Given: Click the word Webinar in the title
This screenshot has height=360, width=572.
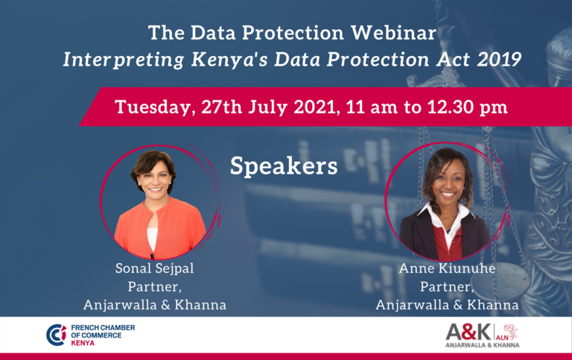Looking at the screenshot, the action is (x=393, y=33).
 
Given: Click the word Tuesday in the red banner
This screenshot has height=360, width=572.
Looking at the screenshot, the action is (x=153, y=108).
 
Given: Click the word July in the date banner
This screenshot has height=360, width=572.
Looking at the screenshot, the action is (x=267, y=108).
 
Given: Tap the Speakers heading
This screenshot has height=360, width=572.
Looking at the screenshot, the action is (x=284, y=166).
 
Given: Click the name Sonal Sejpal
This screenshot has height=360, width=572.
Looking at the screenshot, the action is (x=155, y=268).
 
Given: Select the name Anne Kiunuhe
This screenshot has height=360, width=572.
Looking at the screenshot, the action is (x=447, y=268).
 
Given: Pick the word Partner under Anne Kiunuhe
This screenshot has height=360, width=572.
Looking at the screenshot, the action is (x=447, y=287).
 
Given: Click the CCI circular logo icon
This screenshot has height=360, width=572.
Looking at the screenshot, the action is (x=56, y=335).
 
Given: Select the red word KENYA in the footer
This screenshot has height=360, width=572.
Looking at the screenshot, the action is (x=83, y=343).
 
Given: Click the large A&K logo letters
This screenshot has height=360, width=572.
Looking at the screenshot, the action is (x=468, y=332).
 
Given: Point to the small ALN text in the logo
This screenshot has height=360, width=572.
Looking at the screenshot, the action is (x=502, y=338).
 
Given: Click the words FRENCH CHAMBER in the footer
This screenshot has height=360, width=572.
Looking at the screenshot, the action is (x=103, y=327).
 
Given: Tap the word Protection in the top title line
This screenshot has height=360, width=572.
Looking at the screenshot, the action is (x=293, y=33).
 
